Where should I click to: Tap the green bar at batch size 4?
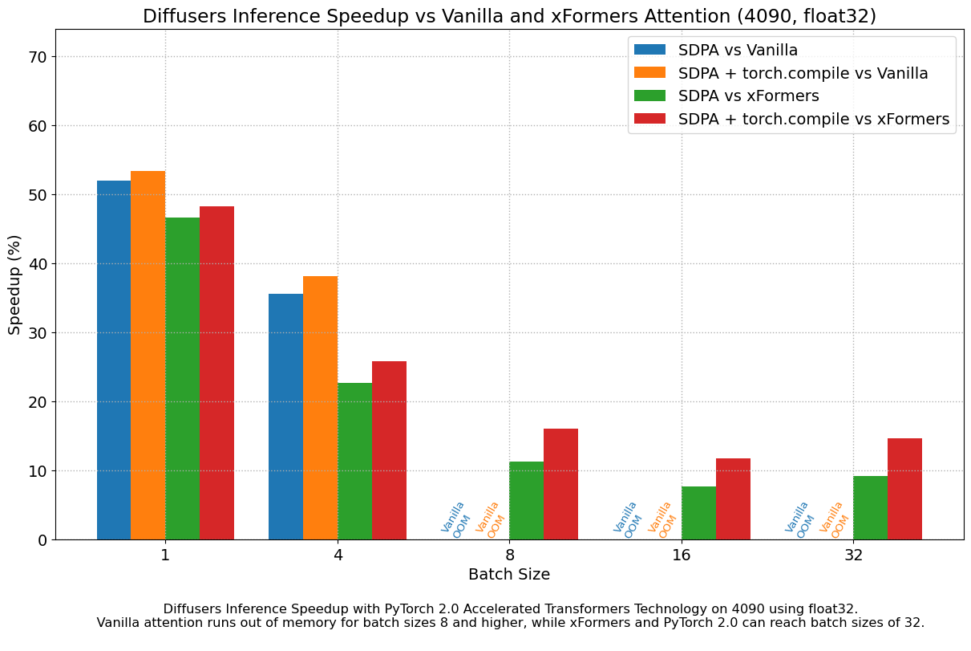tap(354, 461)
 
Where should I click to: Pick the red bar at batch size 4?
tap(389, 450)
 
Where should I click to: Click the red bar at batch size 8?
tap(560, 484)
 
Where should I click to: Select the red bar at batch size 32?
tap(904, 489)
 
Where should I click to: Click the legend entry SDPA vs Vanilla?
tap(738, 50)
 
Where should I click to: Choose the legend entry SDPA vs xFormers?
tap(748, 96)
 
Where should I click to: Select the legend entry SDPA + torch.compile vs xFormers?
tap(813, 119)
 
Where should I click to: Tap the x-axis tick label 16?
tap(682, 555)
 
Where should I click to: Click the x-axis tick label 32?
tap(853, 555)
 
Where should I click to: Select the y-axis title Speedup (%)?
tap(15, 285)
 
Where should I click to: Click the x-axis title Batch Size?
tap(509, 575)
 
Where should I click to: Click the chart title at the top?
tap(509, 16)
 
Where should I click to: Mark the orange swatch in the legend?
tap(650, 73)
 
